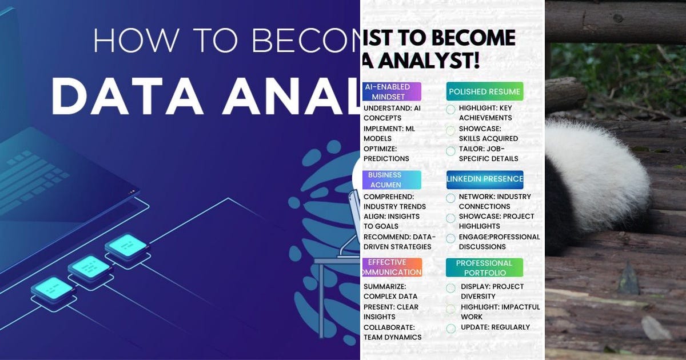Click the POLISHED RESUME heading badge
484,91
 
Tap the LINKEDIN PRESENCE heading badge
484,179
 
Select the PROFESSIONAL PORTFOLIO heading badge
484,267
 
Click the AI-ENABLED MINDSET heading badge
392,91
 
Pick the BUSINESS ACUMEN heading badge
392,179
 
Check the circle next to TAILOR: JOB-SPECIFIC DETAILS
450,151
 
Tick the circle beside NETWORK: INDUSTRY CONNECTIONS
450,198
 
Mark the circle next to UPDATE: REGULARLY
450,328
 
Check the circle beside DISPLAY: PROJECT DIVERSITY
450,288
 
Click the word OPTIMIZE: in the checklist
380,149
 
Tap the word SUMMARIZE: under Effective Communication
385,286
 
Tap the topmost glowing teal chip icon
126,245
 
